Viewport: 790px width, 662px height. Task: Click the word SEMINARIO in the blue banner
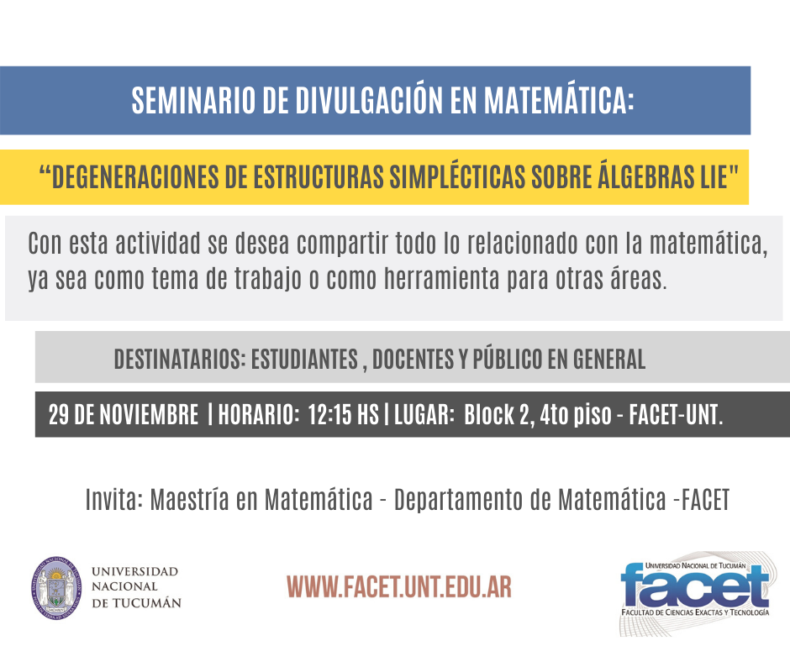[x=193, y=100]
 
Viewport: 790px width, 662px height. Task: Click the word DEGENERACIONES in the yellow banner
[x=135, y=176]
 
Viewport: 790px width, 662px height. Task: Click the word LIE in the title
[x=714, y=176]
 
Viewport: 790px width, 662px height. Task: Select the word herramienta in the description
[x=441, y=278]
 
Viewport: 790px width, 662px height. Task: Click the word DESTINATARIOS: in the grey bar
[x=180, y=360]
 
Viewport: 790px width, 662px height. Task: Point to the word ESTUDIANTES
[x=304, y=360]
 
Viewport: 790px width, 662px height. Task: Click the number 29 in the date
[x=59, y=415]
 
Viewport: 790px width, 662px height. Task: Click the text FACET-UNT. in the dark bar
[x=677, y=415]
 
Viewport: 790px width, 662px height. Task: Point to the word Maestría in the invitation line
[x=189, y=499]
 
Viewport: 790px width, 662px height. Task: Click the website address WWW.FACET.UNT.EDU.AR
[x=399, y=586]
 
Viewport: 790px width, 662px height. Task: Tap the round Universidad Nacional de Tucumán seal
[x=56, y=587]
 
